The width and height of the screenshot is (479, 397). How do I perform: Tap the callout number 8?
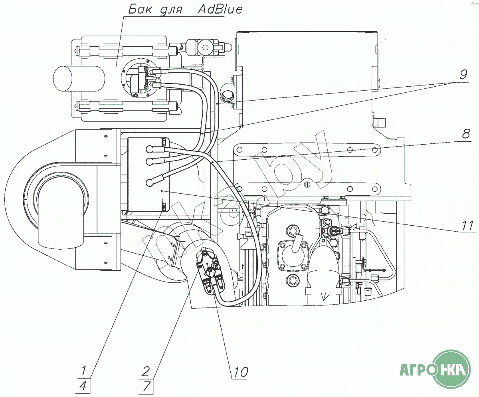click(x=466, y=134)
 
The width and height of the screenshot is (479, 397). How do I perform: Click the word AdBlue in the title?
click(x=220, y=10)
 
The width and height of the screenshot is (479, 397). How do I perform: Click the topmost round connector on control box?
click(x=150, y=149)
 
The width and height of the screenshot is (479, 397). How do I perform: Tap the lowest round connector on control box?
click(x=150, y=183)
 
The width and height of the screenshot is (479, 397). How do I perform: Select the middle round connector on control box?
click(x=150, y=161)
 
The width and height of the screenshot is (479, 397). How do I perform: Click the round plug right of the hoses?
click(x=228, y=95)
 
